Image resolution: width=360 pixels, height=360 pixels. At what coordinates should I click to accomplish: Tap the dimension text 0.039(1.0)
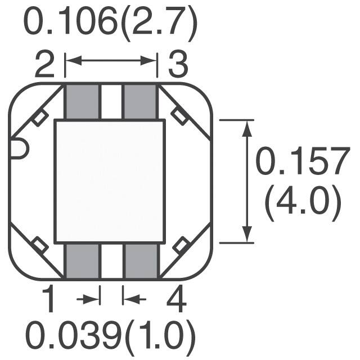(110, 336)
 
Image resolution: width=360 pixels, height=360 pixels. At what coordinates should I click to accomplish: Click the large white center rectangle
(110, 181)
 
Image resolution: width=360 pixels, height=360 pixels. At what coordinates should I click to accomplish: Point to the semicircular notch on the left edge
(19, 149)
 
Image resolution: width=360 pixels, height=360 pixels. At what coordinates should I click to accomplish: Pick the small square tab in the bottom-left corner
(39, 245)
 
